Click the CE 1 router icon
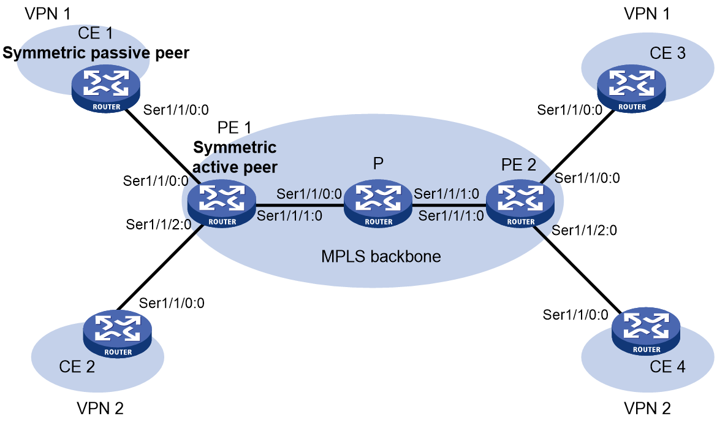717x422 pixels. click(105, 88)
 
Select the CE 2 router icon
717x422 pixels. click(118, 334)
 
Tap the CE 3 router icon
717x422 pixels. click(631, 88)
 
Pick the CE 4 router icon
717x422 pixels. click(646, 331)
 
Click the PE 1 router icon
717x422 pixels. click(222, 203)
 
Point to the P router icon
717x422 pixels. click(378, 203)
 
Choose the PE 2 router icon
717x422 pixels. click(520, 203)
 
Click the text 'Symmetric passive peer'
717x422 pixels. click(96, 53)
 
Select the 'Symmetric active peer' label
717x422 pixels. click(235, 157)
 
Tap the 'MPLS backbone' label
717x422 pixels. click(381, 256)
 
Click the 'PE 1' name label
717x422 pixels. click(234, 128)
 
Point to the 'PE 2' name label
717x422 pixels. click(518, 165)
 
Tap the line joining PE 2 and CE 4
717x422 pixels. click(577, 268)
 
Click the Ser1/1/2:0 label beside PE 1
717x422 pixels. click(159, 224)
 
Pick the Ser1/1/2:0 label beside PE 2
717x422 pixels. click(585, 230)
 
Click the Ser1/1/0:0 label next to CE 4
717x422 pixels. click(575, 315)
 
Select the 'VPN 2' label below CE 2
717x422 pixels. click(100, 409)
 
